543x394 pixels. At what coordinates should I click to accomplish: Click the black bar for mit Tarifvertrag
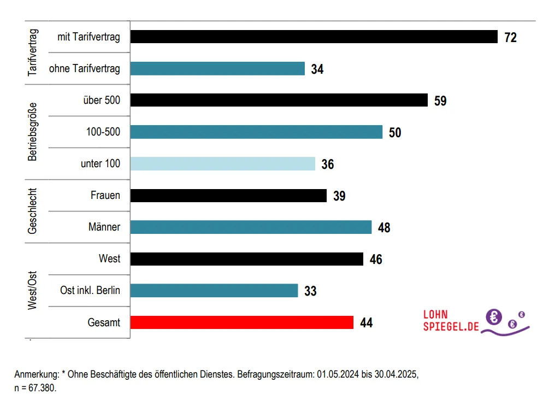tap(314, 37)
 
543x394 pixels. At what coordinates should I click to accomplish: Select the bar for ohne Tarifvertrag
tap(217, 68)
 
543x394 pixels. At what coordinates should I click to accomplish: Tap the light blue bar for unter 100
tap(223, 163)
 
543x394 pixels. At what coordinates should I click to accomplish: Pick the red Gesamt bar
tap(242, 322)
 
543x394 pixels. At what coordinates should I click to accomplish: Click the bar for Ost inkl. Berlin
tap(214, 290)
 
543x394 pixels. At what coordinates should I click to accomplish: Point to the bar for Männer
tap(251, 227)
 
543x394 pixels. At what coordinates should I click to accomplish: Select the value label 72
tap(510, 37)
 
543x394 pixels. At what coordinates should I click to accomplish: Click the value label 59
tap(440, 101)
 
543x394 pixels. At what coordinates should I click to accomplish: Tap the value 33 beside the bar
tap(310, 291)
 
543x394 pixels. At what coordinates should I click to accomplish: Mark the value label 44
tap(366, 322)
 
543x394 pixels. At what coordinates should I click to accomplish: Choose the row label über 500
tap(102, 100)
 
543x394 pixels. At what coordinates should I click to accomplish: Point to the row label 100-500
tap(103, 132)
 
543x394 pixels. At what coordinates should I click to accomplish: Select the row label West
tap(109, 258)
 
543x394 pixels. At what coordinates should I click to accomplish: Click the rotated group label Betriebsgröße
tap(33, 132)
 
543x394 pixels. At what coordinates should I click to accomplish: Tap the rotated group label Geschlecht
tap(33, 211)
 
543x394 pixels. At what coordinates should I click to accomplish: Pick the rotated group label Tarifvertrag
tap(33, 52)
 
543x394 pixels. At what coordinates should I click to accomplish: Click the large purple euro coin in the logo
tap(494, 316)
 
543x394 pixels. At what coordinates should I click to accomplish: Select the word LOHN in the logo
tap(435, 315)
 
